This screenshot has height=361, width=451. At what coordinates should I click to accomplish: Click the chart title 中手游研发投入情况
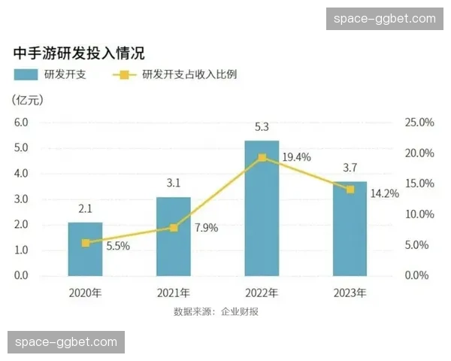pos(79,53)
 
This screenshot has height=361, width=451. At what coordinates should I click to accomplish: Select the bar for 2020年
pos(85,249)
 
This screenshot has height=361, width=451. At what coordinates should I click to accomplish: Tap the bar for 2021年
pos(174,236)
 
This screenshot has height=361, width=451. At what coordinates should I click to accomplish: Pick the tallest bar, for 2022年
pos(262,208)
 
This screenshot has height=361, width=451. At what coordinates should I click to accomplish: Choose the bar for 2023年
pos(350,229)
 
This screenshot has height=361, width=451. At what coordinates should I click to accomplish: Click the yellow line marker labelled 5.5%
pos(85,243)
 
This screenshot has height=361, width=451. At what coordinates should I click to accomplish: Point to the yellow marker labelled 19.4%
pos(262,158)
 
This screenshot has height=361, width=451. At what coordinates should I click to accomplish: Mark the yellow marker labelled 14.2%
pos(350,190)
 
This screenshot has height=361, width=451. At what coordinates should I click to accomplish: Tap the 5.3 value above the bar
pos(262,127)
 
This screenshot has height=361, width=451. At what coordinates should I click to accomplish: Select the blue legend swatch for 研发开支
pos(26,75)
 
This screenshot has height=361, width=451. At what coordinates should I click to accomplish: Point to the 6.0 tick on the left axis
pos(21,122)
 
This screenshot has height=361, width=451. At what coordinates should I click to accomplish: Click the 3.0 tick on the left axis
pos(21,199)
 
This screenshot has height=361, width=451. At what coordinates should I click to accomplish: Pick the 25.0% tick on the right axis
pos(420,122)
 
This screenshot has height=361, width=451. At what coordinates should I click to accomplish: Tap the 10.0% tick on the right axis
pos(420,214)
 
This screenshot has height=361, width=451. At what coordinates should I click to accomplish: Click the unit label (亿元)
pos(29,100)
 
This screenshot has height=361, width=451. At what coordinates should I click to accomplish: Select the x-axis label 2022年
pos(262,293)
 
